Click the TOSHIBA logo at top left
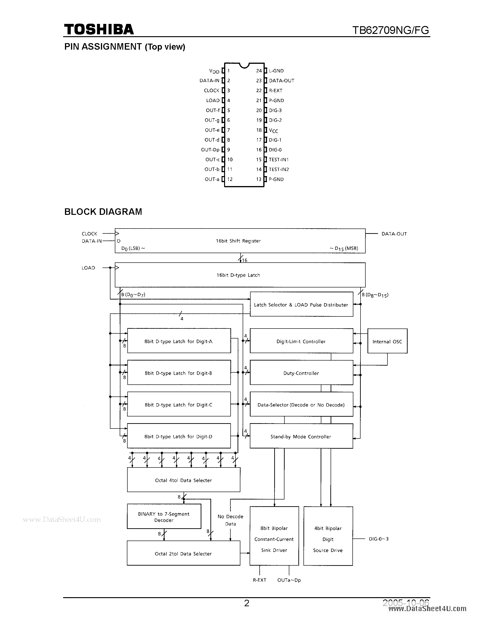coord(99,29)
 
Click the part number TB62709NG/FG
coord(390,30)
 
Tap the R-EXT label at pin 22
coord(275,90)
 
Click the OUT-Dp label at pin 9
coord(210,150)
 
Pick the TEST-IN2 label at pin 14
coord(279,169)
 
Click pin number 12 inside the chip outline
coord(230,179)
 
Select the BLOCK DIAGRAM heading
coord(103,212)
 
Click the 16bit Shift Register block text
coord(238,241)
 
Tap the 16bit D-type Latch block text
coord(238,275)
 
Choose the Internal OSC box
coord(387,342)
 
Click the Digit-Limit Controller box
coord(301,342)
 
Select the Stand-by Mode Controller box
coord(301,437)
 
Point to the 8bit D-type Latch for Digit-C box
coord(178,405)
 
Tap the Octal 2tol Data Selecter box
coord(183,554)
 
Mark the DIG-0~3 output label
coord(379,539)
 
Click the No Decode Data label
coord(230,520)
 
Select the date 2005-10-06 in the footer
coord(406,603)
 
